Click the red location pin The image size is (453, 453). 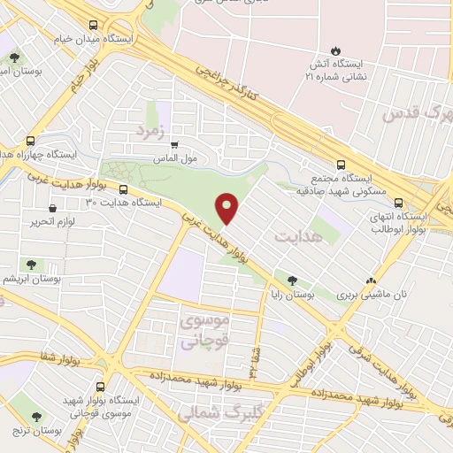click(228, 207)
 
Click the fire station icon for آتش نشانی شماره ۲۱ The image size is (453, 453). click(334, 50)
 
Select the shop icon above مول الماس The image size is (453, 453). click(174, 144)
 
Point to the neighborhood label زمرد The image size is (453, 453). click(150, 130)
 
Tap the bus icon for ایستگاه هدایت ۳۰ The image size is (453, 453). click(123, 188)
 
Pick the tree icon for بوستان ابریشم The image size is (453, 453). click(32, 264)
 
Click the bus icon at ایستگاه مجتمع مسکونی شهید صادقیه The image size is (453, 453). click(342, 164)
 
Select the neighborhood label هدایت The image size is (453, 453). click(295, 236)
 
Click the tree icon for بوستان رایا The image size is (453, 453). click(292, 279)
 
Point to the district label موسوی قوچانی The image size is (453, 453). click(205, 329)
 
